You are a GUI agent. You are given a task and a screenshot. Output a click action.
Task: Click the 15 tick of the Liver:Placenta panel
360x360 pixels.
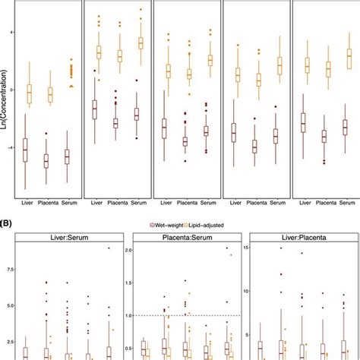246,248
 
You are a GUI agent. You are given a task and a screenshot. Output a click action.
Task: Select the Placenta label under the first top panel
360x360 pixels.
51,203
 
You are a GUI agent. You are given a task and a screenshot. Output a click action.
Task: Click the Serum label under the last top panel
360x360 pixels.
348,203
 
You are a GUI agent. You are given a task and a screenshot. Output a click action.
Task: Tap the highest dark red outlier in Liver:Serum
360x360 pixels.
109,248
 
